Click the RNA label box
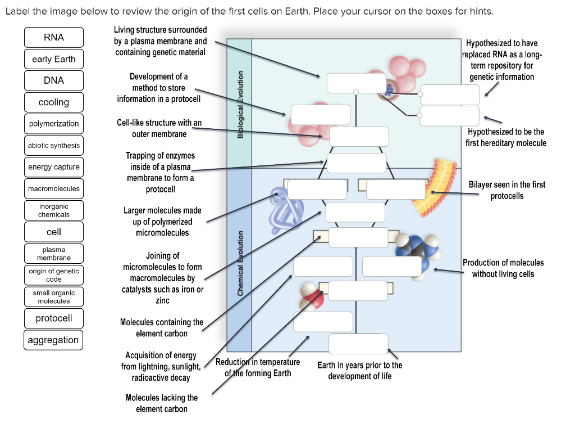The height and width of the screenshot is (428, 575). point(54,37)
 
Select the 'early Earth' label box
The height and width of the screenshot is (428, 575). point(54,59)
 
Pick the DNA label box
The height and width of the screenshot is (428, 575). point(54,80)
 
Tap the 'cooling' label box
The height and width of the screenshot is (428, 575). point(54,102)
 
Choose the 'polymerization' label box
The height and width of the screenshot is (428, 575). point(54,124)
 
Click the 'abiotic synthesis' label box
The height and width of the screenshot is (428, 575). point(54,146)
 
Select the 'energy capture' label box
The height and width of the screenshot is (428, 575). point(54,167)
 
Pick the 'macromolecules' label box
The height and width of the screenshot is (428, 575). point(54,188)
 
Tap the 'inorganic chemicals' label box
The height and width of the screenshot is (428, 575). point(54,210)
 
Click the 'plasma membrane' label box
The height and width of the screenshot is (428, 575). point(54,254)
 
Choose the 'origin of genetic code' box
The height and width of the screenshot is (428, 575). point(54,275)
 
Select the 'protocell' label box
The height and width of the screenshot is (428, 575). point(54,318)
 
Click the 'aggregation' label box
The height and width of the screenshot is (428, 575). point(54,340)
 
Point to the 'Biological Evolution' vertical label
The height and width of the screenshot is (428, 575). point(240,104)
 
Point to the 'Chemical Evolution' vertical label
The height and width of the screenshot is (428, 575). point(240,263)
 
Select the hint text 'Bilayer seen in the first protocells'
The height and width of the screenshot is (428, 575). point(506,190)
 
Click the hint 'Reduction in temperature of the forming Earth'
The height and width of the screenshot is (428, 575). point(258,368)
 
